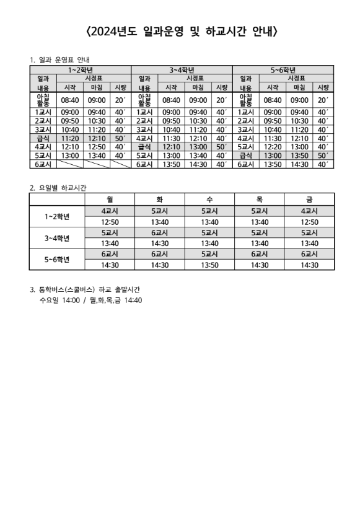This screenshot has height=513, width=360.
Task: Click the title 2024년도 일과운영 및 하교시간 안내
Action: click(180, 30)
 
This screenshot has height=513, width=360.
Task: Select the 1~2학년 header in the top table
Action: click(81, 69)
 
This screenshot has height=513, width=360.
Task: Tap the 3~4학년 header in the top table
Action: click(182, 69)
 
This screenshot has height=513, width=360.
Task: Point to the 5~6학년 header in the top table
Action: click(283, 69)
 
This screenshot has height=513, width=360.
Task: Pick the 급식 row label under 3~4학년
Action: click(144, 147)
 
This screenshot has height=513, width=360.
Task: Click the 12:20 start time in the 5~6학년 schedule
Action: click(273, 147)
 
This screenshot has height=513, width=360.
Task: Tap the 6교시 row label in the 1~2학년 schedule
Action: click(43, 164)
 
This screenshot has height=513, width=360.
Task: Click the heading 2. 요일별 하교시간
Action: click(58, 186)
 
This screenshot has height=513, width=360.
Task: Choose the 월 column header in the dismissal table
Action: click(110, 199)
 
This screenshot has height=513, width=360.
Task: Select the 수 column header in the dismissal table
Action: click(210, 199)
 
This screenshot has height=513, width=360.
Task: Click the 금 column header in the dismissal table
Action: click(309, 199)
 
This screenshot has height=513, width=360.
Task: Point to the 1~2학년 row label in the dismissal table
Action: click(57, 216)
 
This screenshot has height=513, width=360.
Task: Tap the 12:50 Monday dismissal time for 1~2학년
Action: click(110, 222)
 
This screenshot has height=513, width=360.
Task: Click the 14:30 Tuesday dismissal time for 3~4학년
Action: click(160, 243)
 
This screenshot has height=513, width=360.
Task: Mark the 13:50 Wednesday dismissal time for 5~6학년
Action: click(210, 265)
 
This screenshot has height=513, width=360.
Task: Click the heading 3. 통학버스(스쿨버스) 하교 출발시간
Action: click(89, 289)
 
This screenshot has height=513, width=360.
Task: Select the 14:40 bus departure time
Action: click(133, 300)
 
